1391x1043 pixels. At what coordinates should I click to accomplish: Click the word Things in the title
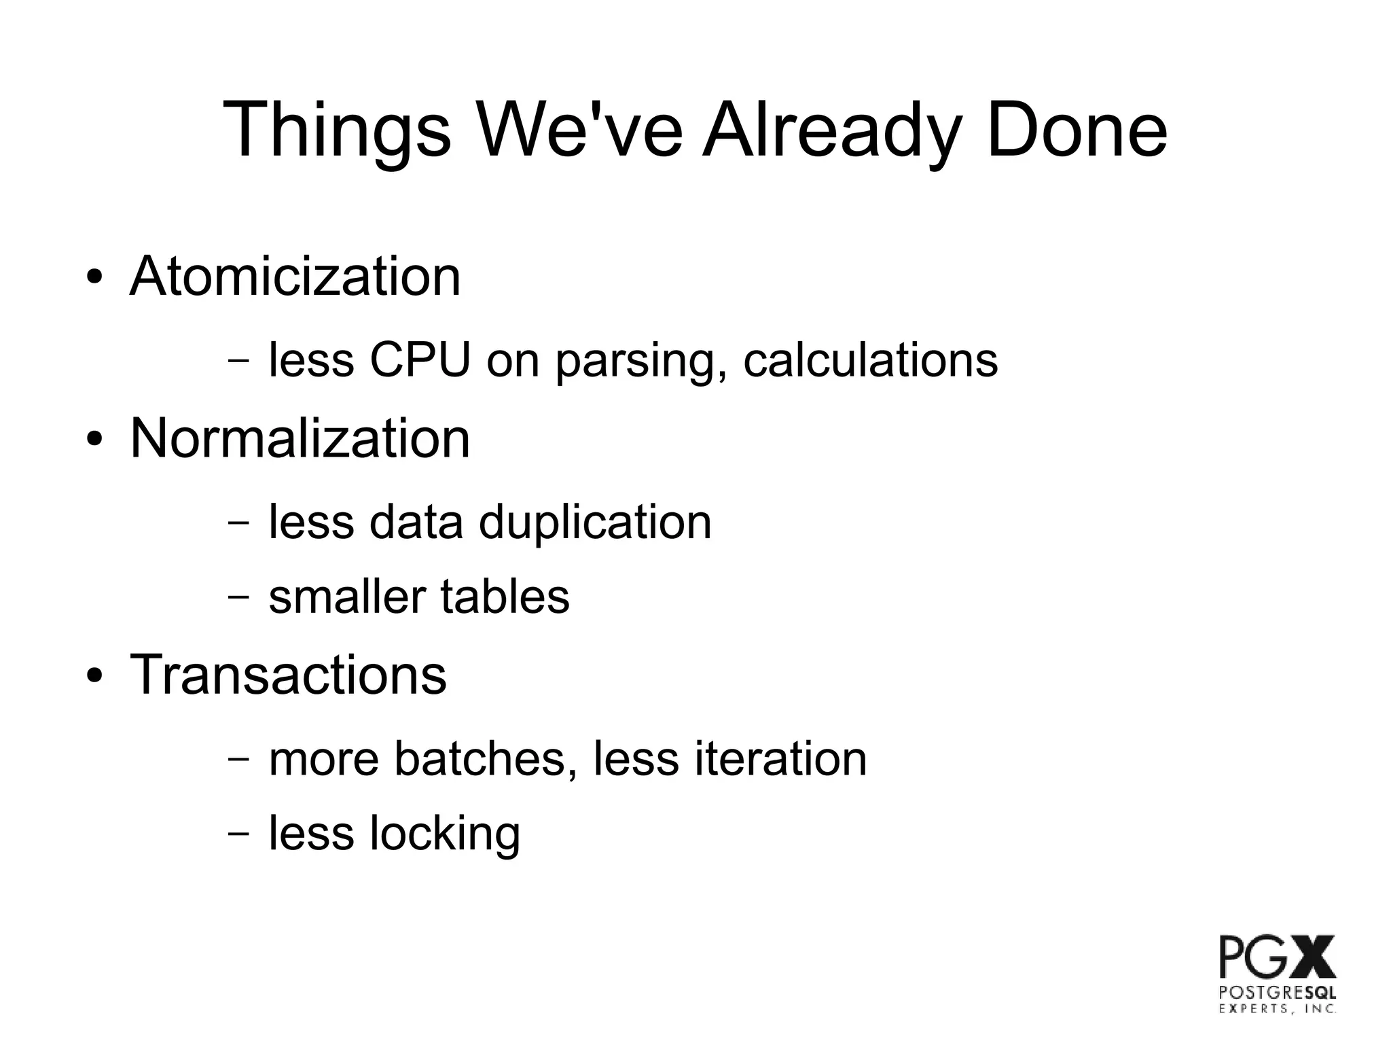point(336,130)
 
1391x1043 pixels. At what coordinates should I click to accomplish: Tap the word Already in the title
point(831,130)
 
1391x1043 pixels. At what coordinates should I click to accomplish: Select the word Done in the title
point(1077,130)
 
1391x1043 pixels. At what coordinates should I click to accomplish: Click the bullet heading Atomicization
point(295,277)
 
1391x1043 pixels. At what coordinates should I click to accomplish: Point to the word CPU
point(420,359)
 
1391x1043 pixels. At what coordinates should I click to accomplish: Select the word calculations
point(870,359)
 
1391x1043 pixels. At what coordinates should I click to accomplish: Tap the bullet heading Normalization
point(300,438)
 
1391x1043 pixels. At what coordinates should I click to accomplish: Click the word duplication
point(595,523)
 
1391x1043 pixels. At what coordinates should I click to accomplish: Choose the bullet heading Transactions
point(288,675)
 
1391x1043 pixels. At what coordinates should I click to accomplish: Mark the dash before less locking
point(238,832)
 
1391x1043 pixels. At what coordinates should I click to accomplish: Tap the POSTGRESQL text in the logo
point(1277,993)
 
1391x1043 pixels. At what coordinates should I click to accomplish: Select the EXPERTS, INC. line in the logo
point(1277,1009)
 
